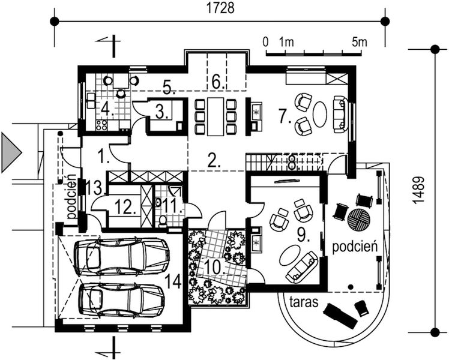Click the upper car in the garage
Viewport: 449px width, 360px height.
coord(127,256)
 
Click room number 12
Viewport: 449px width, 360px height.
coord(123,208)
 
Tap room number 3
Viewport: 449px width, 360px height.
coord(160,111)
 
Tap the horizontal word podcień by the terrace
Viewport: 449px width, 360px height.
coord(354,246)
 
